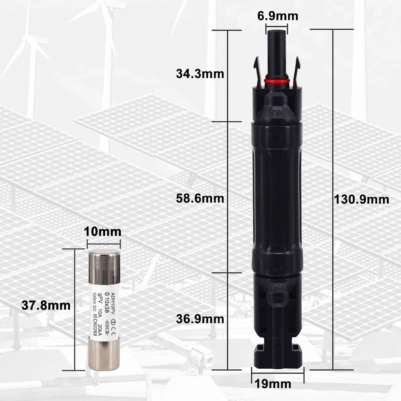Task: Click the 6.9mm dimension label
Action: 277,16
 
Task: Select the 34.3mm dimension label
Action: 200,74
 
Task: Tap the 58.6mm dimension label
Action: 200,198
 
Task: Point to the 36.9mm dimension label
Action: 200,319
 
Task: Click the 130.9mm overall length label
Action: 362,200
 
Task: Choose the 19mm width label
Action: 273,384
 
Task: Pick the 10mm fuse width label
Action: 103,232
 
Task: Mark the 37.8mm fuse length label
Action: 46,305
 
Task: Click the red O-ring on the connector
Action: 277,81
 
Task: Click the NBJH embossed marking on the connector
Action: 277,111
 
